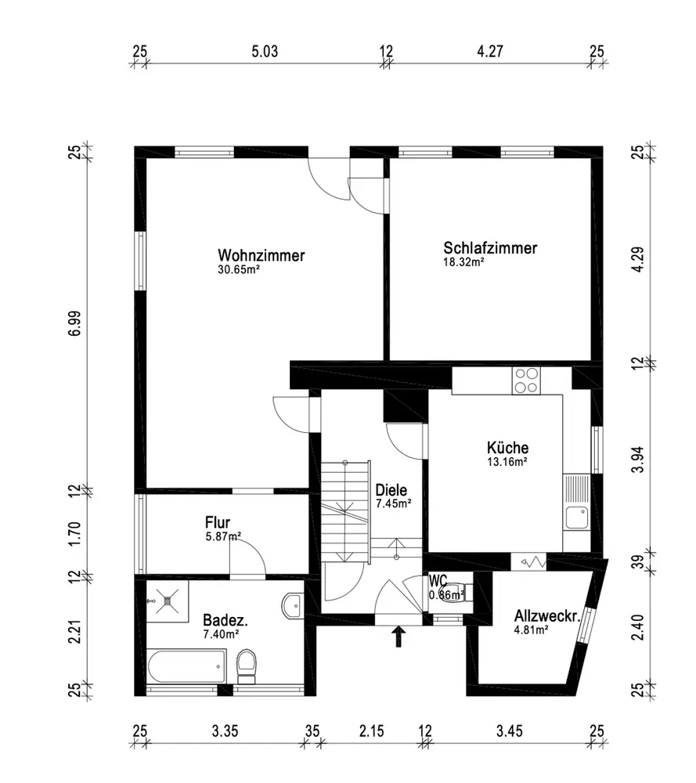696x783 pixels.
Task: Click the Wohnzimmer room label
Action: [x=261, y=255]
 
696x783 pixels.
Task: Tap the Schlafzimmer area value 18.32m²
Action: [x=463, y=262]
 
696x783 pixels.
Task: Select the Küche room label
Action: [x=508, y=447]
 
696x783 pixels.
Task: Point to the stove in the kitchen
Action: [x=526, y=381]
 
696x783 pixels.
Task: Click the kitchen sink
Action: [x=576, y=518]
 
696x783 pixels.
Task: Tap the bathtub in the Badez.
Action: [x=187, y=666]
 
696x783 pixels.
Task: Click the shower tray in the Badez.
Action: [x=167, y=601]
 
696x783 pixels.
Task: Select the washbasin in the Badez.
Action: [x=293, y=605]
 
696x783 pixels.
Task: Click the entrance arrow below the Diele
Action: [x=398, y=637]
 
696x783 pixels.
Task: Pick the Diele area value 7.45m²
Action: [x=394, y=503]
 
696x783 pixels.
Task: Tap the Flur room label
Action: [x=218, y=522]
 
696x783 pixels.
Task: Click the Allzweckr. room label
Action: [x=547, y=615]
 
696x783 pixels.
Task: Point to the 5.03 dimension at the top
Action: [x=265, y=52]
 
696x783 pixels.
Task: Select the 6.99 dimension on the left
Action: [x=74, y=323]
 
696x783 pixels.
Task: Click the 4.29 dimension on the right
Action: [x=638, y=259]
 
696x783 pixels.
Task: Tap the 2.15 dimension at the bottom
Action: [x=371, y=731]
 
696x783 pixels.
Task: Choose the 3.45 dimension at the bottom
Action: [x=509, y=731]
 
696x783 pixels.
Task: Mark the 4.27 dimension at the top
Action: [x=490, y=52]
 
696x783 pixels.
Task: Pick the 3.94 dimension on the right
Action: [x=638, y=460]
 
